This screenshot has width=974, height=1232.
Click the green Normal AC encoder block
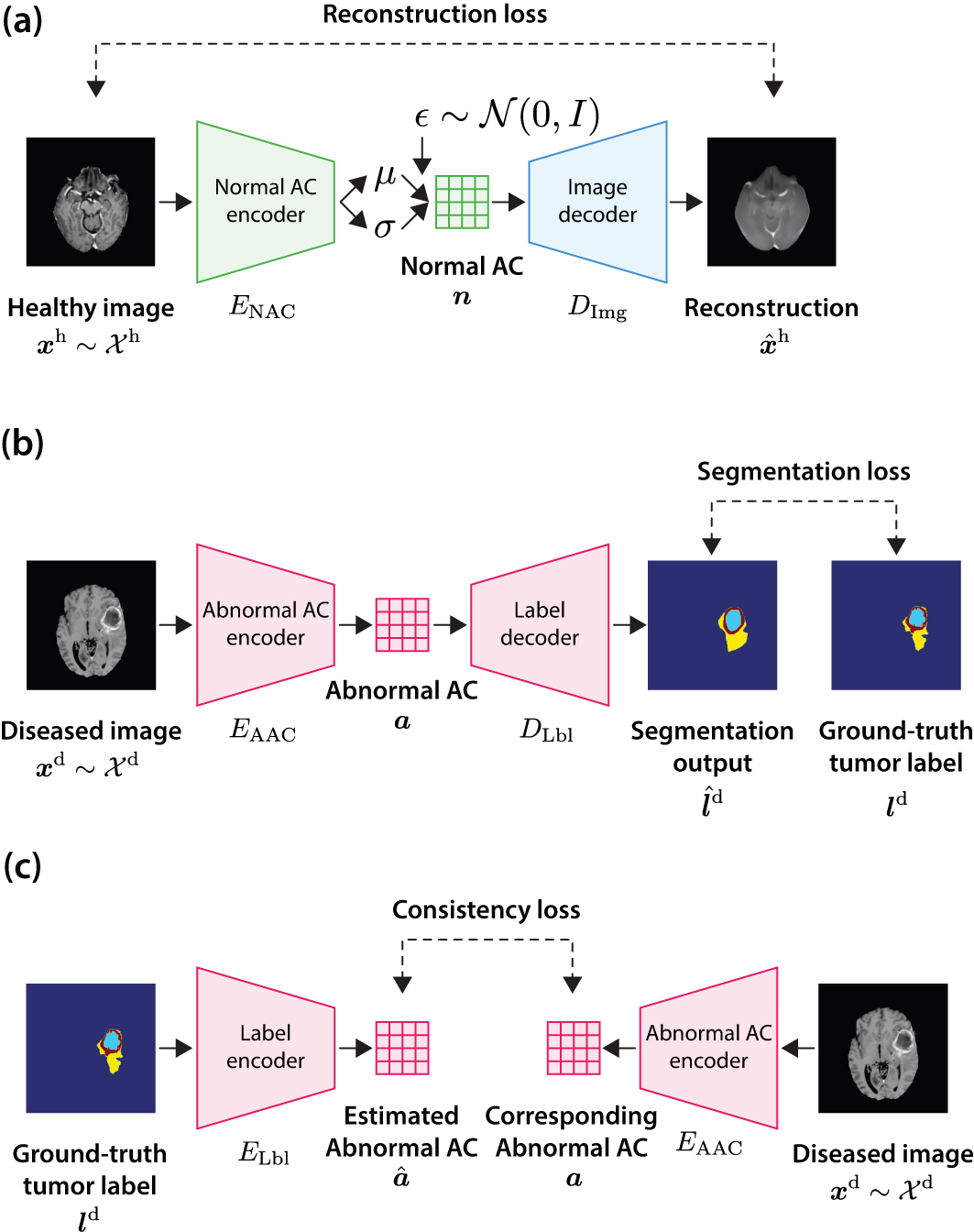click(266, 202)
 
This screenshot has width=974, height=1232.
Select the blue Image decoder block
click(597, 202)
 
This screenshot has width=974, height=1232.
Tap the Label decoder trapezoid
click(540, 624)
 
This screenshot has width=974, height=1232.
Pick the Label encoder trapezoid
click(266, 1048)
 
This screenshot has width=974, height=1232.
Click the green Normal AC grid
click(463, 202)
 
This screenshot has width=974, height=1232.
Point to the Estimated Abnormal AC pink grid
click(402, 1049)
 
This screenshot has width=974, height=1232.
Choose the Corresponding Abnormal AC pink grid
click(574, 1049)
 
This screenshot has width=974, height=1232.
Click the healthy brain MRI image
click(91, 202)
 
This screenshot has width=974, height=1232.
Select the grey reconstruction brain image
click(772, 202)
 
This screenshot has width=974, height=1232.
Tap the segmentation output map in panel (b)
click(713, 625)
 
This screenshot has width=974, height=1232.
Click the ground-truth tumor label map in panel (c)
click(91, 1049)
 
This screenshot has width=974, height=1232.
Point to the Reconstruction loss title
click(435, 15)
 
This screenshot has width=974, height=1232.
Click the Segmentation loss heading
click(804, 472)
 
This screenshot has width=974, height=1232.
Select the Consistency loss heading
click(487, 909)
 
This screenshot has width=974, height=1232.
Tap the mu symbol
click(385, 177)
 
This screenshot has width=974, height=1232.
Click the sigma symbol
click(385, 228)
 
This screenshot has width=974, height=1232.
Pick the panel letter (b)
click(22, 444)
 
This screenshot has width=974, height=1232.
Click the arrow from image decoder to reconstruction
click(686, 202)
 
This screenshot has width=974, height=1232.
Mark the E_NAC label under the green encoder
click(262, 308)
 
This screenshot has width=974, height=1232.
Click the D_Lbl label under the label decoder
click(546, 731)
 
